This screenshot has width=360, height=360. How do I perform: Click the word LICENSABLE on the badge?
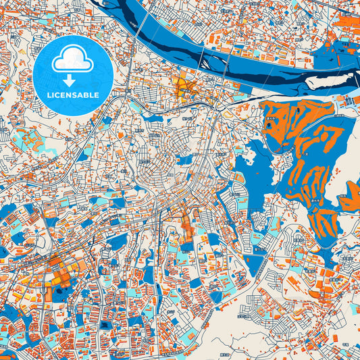click(73, 95)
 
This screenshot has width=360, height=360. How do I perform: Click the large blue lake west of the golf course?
click(257, 169)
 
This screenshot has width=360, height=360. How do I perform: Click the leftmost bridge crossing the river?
click(140, 30)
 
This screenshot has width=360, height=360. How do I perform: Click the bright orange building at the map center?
click(187, 230)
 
